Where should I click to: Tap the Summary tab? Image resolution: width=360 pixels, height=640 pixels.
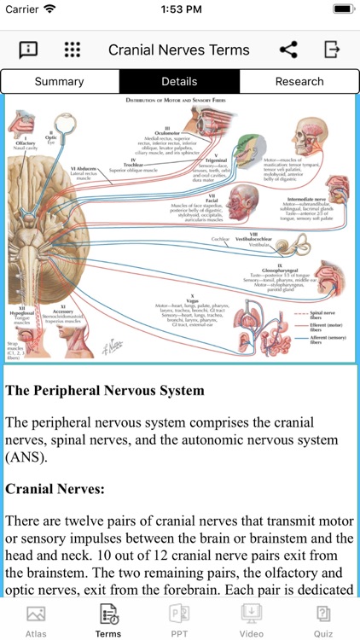60,82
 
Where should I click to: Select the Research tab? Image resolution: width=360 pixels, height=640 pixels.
299,82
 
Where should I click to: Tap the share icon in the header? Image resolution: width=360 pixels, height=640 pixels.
288,49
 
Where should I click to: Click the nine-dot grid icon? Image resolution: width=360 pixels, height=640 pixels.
73,49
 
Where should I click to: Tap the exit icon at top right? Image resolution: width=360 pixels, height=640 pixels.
332,49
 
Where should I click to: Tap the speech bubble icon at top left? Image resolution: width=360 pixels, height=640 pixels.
29,49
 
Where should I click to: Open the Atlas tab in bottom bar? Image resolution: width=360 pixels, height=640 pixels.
36,620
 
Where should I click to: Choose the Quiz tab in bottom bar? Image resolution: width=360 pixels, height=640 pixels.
323,620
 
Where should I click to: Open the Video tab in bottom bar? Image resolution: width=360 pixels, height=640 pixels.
252,620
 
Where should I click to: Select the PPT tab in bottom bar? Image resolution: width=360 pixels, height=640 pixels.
180,620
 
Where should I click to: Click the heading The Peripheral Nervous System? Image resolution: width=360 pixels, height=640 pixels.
105,391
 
